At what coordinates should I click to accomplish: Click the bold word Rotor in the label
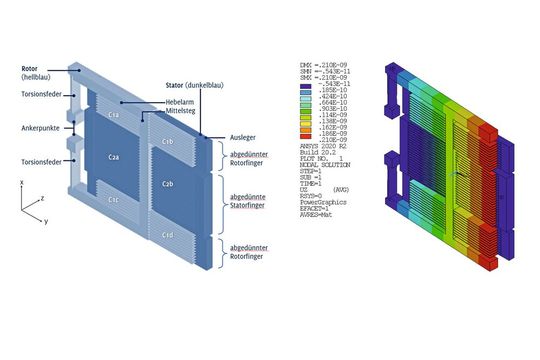click(28, 69)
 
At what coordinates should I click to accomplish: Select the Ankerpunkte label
click(36, 127)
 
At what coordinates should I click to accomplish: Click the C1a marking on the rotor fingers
click(115, 118)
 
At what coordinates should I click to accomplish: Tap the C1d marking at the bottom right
click(168, 234)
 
